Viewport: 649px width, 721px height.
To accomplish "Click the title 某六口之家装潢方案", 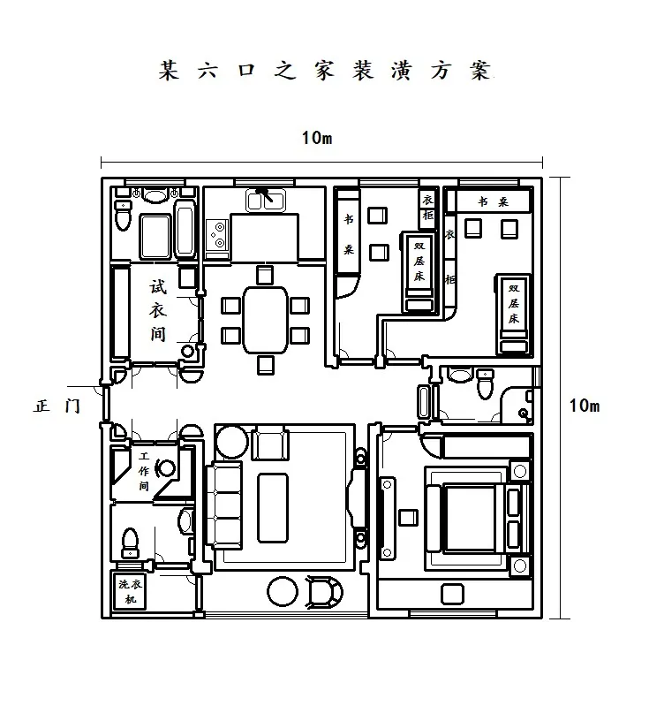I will (323, 71).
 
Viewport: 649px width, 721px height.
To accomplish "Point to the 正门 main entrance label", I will (57, 406).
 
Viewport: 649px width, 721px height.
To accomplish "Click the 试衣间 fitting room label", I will (158, 311).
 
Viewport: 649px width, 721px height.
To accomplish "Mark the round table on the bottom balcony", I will (284, 591).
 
